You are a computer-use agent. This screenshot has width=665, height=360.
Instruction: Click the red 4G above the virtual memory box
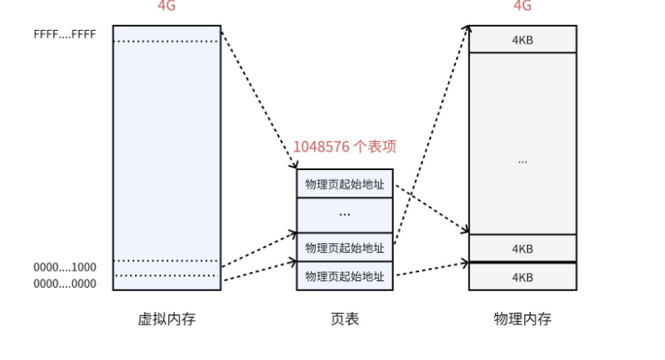pos(167,6)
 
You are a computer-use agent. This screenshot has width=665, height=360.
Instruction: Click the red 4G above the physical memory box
pos(522,6)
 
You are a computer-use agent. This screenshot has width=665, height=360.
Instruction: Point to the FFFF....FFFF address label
pos(65,35)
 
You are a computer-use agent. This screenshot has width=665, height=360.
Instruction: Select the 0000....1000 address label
pos(65,268)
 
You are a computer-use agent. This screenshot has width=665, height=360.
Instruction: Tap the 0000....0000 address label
pos(65,284)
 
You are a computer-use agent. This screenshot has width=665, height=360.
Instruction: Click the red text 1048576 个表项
pos(344,147)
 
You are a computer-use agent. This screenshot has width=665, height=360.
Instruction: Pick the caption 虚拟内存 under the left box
pos(167,319)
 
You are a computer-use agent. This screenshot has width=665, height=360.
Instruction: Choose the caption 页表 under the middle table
pos(345,319)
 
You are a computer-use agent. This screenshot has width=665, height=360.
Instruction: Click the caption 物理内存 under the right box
pos(522,319)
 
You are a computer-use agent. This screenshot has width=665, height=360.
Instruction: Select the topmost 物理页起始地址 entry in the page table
pos(345,184)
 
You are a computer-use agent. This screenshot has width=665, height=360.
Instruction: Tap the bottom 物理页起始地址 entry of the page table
pos(345,276)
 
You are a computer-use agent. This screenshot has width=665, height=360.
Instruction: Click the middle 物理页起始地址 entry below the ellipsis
pos(345,247)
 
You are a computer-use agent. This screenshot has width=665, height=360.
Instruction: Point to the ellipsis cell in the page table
pos(345,214)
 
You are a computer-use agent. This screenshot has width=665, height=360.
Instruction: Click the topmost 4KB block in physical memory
pos(522,39)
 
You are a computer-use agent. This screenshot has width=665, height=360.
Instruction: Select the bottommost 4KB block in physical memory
pos(522,277)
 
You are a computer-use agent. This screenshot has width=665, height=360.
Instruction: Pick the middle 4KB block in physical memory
pos(522,248)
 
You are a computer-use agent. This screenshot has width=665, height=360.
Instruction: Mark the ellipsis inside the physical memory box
pos(522,161)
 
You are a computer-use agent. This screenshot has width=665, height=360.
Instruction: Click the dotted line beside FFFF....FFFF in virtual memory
pos(167,41)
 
